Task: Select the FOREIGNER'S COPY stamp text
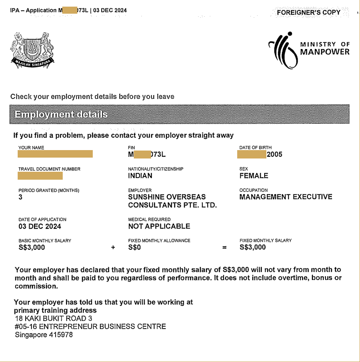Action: pos(308,12)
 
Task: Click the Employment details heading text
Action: pos(61,114)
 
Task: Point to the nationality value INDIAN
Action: pos(140,176)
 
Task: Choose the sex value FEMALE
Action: pos(254,176)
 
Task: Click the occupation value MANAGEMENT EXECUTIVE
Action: pos(285,197)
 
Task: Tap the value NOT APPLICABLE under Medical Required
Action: pos(159,226)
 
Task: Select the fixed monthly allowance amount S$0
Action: pos(134,248)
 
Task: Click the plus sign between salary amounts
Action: pos(113,248)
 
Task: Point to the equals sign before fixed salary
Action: pos(224,248)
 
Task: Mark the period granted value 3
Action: pos(20,197)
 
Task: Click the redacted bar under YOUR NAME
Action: pos(55,154)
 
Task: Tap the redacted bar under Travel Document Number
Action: pos(40,176)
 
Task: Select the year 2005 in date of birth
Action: pos(274,155)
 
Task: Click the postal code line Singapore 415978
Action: pos(44,335)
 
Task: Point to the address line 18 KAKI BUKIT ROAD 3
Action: pos(53,318)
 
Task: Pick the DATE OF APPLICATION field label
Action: pos(42,219)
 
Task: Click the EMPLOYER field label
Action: pos(140,191)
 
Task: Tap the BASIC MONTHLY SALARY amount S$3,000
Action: pos(32,248)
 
